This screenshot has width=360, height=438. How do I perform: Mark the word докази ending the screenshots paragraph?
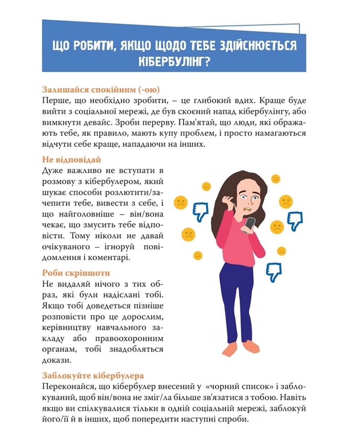click(x=57, y=360)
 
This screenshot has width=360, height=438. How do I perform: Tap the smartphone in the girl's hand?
click(x=250, y=224)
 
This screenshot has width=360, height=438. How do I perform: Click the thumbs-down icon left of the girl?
click(x=200, y=212)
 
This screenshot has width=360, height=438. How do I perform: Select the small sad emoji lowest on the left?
click(x=198, y=255)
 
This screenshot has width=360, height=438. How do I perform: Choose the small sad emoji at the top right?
click(x=276, y=179)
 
